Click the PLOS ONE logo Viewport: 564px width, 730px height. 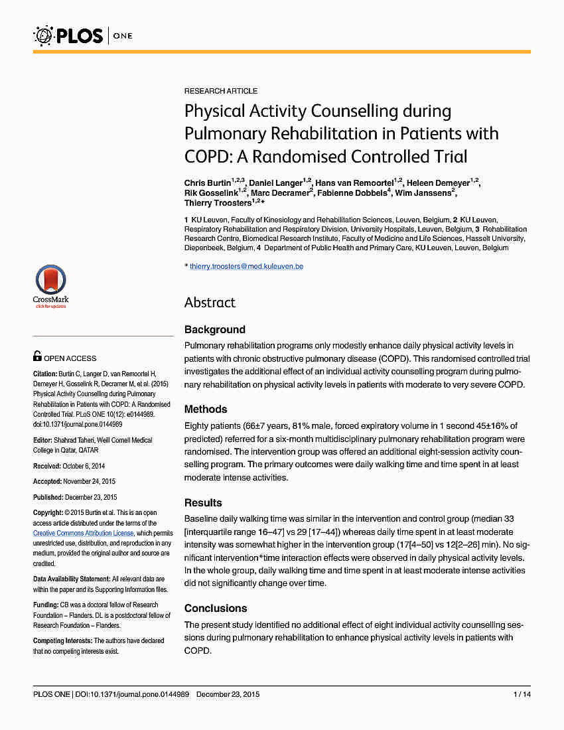(83, 35)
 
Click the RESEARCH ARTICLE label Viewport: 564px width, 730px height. (221, 91)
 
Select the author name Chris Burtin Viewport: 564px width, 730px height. (208, 183)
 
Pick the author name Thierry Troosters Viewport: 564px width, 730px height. (218, 203)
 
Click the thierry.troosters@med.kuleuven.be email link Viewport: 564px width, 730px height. (246, 266)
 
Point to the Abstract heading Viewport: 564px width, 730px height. (210, 303)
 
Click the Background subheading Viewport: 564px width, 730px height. (214, 330)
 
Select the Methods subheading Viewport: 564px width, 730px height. (206, 409)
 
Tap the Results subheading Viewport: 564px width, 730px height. (203, 502)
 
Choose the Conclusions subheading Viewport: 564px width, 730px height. (216, 609)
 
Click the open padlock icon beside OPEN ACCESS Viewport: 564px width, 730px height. (38, 357)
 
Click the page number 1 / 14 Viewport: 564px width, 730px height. (522, 694)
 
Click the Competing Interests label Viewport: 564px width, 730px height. (62, 640)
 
